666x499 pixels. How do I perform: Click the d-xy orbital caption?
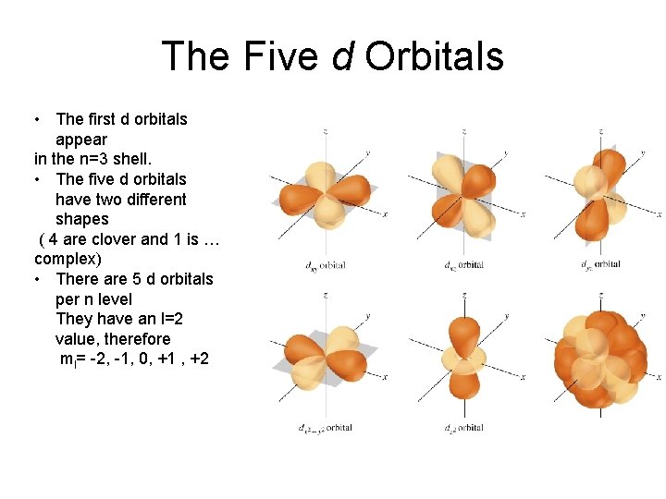click(x=325, y=265)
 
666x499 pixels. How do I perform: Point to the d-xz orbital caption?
click(x=463, y=265)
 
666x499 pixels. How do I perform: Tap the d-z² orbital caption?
click(x=463, y=428)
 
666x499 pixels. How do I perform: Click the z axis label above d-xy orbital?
click(x=325, y=133)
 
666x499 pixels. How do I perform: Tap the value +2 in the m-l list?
click(x=198, y=359)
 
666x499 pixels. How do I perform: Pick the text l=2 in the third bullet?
click(x=168, y=319)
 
